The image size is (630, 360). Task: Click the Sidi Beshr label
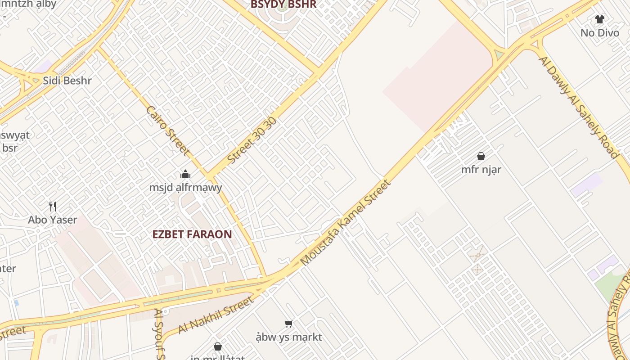(67, 81)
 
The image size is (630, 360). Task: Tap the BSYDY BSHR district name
(283, 4)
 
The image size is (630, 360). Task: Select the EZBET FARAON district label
(192, 234)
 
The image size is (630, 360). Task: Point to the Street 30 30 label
(252, 140)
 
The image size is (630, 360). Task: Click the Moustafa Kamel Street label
(345, 223)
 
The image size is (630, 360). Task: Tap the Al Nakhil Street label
(216, 315)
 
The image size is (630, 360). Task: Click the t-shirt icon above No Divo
(599, 19)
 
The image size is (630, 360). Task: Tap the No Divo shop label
(599, 33)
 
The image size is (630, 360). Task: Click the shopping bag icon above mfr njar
(481, 156)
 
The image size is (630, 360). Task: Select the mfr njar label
(481, 170)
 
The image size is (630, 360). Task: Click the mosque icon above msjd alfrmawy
(185, 174)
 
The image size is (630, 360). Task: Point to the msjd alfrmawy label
(185, 187)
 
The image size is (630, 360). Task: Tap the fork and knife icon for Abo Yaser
(53, 207)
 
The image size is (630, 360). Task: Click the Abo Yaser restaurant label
(53, 220)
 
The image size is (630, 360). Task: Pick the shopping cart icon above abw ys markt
(289, 324)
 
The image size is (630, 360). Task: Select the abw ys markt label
(289, 337)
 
